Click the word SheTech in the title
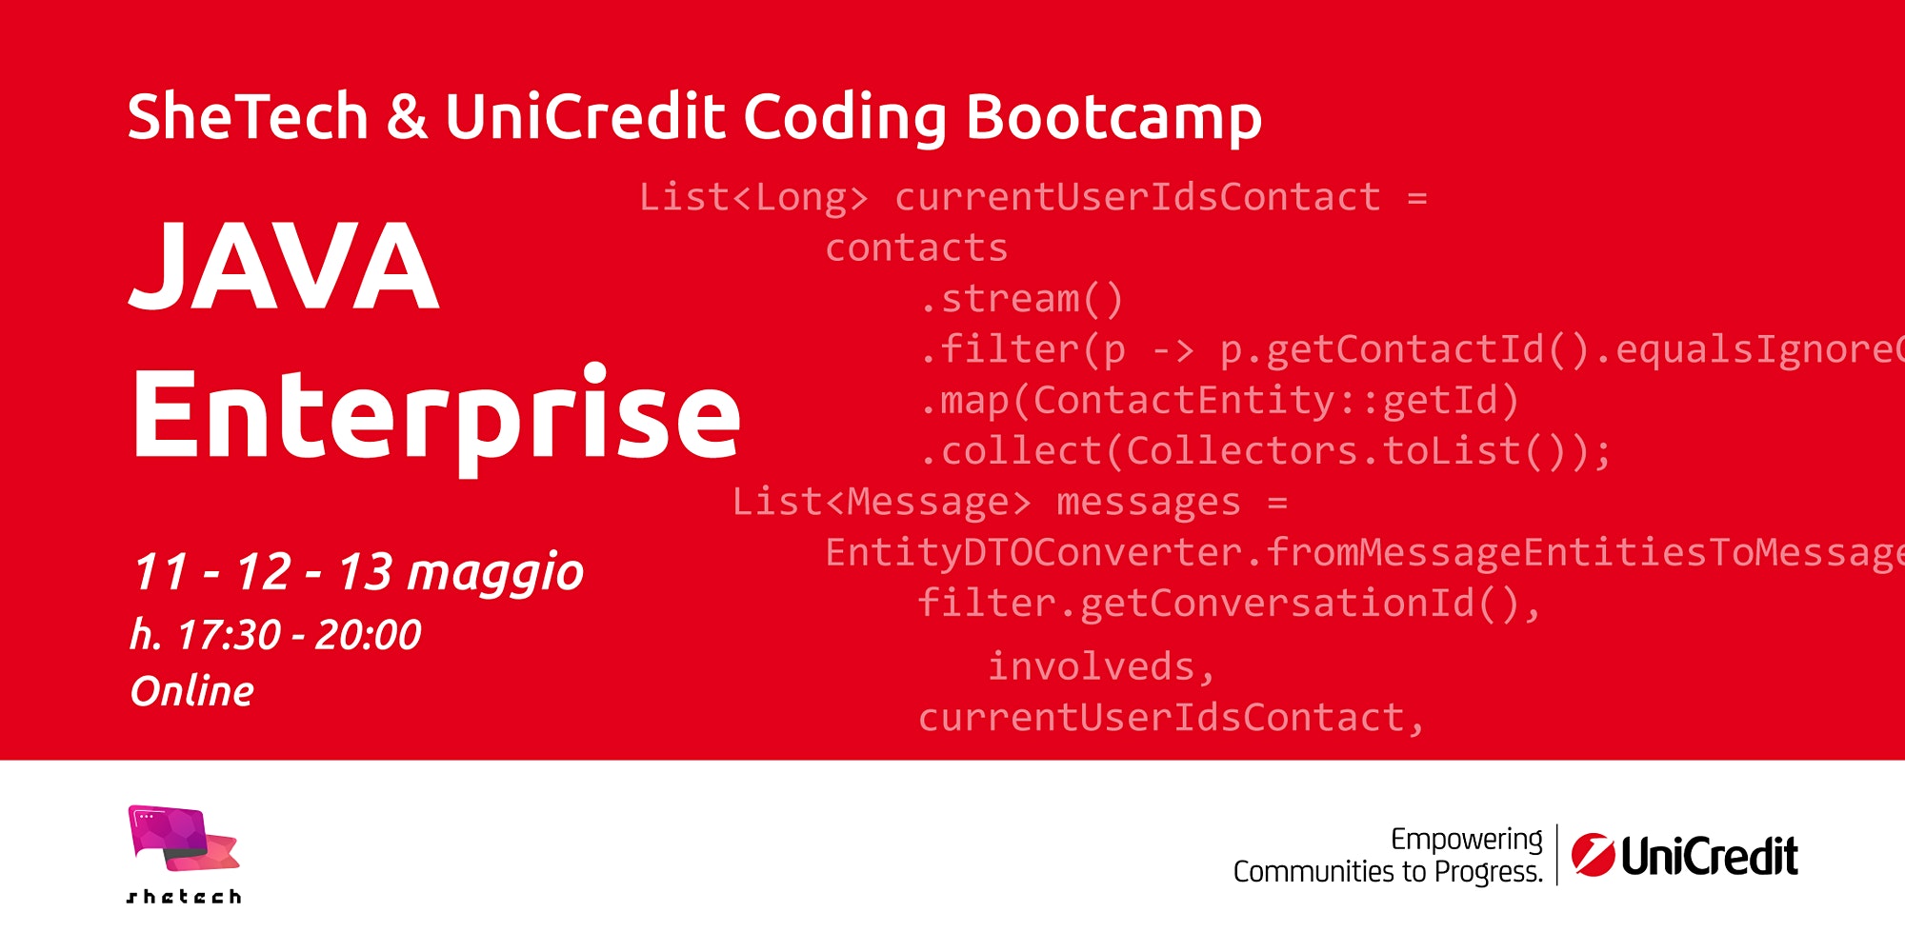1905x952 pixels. coord(248,116)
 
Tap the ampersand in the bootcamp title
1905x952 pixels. coord(407,116)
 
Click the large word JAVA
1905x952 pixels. coord(285,265)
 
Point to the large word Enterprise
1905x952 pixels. coord(436,415)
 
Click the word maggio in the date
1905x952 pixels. coord(495,574)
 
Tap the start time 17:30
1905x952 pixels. coord(230,635)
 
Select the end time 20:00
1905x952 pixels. coord(368,635)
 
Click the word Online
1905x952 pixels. coord(192,691)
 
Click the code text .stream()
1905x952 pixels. coord(1022,299)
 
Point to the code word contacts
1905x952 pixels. coord(916,248)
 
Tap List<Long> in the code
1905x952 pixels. coord(753,197)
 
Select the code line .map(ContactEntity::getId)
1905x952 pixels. coord(1219,401)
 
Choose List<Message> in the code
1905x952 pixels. coord(881,503)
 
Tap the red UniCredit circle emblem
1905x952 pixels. coord(1593,854)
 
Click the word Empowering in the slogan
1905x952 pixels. coord(1467,840)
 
